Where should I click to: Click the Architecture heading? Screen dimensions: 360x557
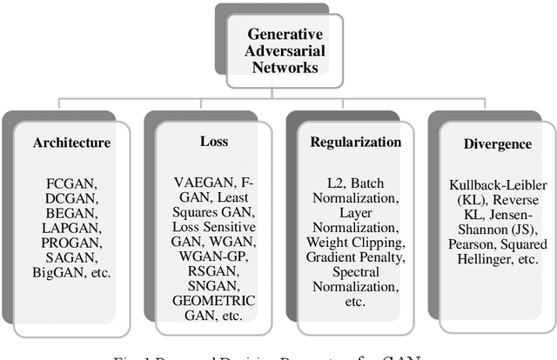(x=72, y=143)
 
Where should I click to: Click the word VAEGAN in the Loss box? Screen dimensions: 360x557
(x=201, y=182)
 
